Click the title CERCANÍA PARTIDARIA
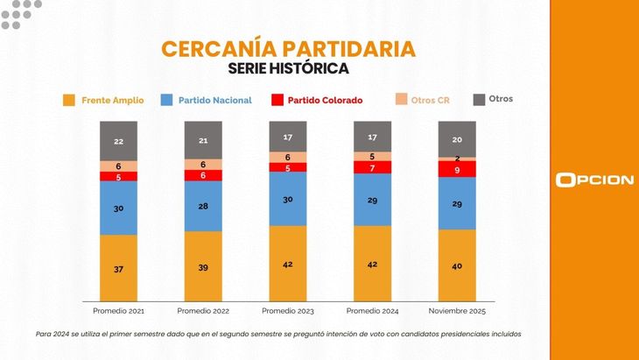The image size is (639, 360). [288, 49]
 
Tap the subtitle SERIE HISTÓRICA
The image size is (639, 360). [288, 69]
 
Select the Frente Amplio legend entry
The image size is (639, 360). [103, 101]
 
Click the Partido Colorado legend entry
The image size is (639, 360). [316, 101]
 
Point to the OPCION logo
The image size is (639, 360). [594, 180]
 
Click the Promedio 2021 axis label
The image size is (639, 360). [118, 311]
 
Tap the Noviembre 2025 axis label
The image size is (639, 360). [457, 311]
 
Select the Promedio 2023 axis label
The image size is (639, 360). [288, 311]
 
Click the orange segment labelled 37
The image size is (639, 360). [118, 268]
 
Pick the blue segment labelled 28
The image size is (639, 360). [203, 206]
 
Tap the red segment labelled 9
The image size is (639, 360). [457, 169]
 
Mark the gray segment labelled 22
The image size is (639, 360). [118, 140]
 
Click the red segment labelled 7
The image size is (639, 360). [372, 167]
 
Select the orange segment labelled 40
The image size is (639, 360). [457, 265]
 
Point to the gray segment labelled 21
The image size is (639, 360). [203, 140]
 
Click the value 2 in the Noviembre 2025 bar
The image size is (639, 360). [457, 159]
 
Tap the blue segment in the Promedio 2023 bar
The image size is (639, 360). [288, 199]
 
